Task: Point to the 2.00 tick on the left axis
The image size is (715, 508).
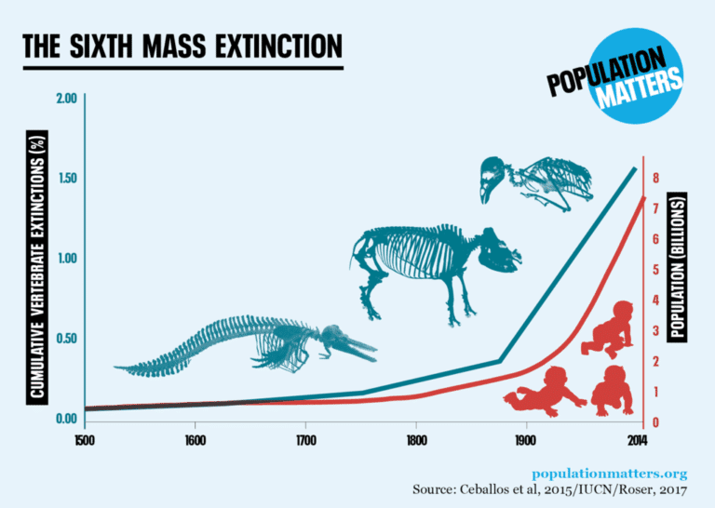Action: tap(66, 99)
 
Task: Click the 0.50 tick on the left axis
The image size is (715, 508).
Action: tap(66, 338)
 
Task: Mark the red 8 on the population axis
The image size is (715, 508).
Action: tap(656, 178)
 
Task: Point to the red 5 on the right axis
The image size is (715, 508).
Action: tap(656, 270)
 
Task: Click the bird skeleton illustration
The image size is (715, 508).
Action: tap(535, 182)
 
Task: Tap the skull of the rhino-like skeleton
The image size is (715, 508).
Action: tap(499, 251)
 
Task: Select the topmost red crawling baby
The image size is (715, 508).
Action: tap(610, 330)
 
